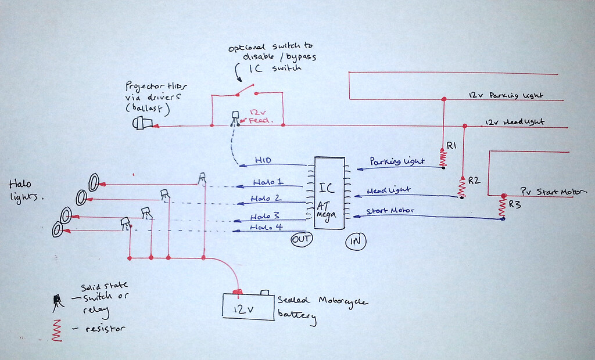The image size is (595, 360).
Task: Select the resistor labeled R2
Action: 463,187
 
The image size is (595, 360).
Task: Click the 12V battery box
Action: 248,305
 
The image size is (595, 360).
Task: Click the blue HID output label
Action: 263,160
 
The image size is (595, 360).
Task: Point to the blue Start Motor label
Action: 390,211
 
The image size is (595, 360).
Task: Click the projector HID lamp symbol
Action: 142,124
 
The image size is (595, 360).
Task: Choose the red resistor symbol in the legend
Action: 58,329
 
